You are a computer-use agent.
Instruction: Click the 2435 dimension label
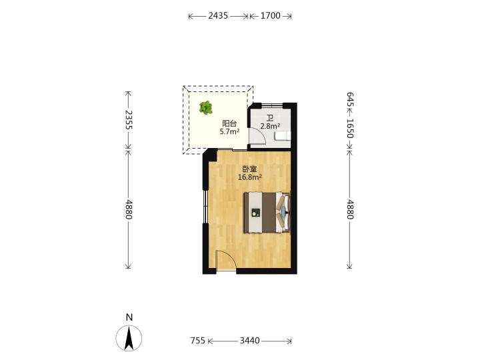tap(218, 15)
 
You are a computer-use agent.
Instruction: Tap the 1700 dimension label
tap(270, 15)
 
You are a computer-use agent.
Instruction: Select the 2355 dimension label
tap(129, 120)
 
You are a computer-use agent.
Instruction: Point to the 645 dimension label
tap(350, 99)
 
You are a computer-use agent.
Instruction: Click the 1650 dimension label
tap(350, 128)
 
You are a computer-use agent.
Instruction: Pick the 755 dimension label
tap(198, 341)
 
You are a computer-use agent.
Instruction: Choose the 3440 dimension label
tap(250, 341)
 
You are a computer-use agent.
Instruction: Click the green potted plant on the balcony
tap(206, 108)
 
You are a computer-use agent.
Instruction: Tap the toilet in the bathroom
tap(283, 135)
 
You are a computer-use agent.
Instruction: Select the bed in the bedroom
tap(267, 212)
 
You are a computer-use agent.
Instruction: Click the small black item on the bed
tap(255, 213)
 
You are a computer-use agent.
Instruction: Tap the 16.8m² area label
tap(250, 177)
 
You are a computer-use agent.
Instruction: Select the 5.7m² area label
tap(229, 131)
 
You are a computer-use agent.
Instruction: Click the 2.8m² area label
tap(270, 126)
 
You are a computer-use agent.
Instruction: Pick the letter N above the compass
tap(129, 317)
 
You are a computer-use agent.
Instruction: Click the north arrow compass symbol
tap(129, 338)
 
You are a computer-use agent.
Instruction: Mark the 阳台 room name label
tap(229, 124)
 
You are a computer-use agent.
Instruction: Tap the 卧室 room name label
tap(249, 169)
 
